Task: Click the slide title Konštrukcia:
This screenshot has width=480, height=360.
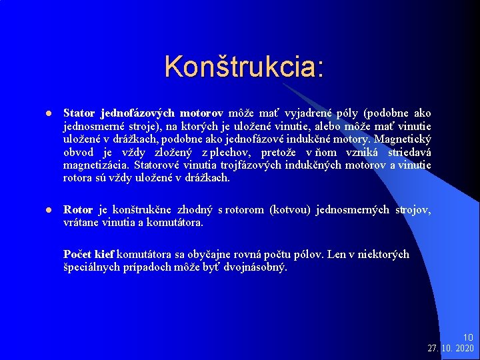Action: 244,67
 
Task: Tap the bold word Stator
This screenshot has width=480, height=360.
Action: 79,113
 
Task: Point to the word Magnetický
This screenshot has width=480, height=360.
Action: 403,139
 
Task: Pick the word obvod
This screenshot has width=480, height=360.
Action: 79,152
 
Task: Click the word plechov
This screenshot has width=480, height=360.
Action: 233,152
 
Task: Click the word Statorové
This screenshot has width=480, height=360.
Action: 157,165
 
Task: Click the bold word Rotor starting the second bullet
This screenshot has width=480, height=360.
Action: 78,210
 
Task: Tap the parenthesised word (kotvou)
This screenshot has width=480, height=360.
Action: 290,210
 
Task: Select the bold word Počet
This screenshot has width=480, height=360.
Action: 78,254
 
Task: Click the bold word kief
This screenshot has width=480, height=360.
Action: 105,254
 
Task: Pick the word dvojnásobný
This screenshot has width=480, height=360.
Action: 255,267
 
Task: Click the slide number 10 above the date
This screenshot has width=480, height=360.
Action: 467,338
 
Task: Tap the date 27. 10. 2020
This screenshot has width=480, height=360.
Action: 451,349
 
